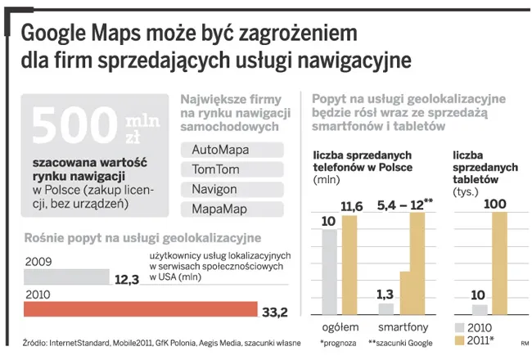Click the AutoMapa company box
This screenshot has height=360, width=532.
point(232,150)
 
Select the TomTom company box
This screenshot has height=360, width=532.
point(232,169)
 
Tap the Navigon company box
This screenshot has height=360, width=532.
point(232,189)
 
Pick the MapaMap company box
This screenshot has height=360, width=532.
point(232,209)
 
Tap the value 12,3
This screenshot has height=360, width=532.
point(128,279)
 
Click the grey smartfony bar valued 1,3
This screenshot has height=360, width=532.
point(386,308)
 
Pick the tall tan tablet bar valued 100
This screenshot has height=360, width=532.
point(498,263)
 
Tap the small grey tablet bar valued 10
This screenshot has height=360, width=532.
point(480,309)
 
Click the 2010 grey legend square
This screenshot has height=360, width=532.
point(458,327)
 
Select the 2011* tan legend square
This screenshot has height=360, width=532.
point(458,340)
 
